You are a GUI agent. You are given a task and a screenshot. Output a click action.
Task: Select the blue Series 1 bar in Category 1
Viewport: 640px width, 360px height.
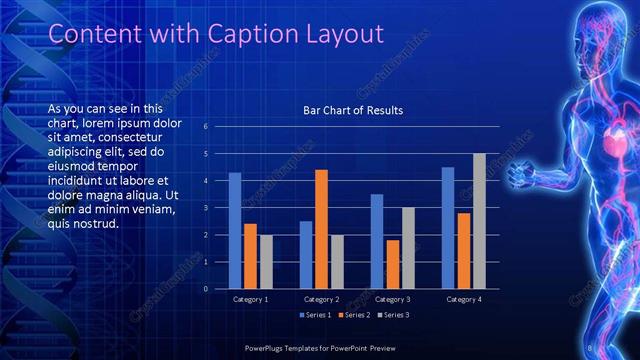coord(235,230)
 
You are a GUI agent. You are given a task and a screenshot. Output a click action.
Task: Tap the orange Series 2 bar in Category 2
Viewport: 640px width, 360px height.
coord(321,229)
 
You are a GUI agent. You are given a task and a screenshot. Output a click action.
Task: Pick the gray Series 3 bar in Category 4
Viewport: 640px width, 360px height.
coord(479,221)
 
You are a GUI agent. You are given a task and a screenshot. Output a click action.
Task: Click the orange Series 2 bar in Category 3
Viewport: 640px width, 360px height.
coord(393,264)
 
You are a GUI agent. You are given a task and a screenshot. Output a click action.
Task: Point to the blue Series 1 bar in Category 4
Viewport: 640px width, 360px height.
coord(448,227)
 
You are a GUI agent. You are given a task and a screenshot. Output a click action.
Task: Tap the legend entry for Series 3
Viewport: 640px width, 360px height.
coord(393,315)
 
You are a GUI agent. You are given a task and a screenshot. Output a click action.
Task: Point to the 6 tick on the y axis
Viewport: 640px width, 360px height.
coord(205,127)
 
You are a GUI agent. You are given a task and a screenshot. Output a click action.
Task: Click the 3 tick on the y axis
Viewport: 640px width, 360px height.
coord(205,208)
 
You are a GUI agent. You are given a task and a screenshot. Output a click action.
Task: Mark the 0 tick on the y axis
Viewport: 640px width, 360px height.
coord(205,289)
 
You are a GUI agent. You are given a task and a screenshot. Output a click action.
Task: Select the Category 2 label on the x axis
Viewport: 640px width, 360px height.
coord(321,299)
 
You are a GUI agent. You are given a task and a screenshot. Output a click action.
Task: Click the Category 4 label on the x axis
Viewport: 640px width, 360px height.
coord(463,299)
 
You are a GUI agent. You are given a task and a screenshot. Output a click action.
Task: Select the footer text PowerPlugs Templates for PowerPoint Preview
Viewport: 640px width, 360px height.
coord(320,348)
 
